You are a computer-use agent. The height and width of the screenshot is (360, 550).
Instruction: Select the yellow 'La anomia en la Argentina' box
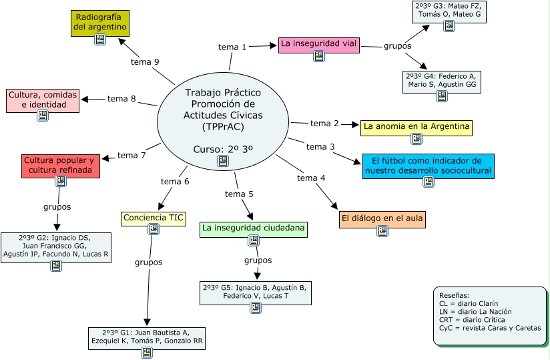tap(417, 126)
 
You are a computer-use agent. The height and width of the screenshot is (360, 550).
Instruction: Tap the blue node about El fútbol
tap(428, 166)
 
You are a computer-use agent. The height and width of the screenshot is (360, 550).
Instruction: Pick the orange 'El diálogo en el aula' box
tap(382, 218)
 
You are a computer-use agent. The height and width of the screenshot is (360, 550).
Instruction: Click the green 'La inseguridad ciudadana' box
tap(254, 228)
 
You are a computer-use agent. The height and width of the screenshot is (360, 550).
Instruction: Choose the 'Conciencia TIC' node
tap(154, 218)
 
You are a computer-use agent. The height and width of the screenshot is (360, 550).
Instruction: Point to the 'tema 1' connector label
tap(232, 47)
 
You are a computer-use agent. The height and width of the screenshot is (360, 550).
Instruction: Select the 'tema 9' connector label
tap(145, 62)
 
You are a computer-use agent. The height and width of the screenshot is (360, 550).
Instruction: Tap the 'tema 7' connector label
tap(131, 156)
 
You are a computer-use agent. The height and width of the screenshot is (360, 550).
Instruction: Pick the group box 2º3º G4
tap(441, 81)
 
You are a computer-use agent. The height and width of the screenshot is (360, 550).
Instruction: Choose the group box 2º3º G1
tap(147, 337)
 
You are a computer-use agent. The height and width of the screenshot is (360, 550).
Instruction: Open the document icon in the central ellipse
tap(223, 161)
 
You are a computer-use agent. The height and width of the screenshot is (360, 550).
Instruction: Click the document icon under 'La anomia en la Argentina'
tap(417, 139)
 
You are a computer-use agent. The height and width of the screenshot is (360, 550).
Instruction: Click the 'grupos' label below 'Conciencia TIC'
tap(148, 262)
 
